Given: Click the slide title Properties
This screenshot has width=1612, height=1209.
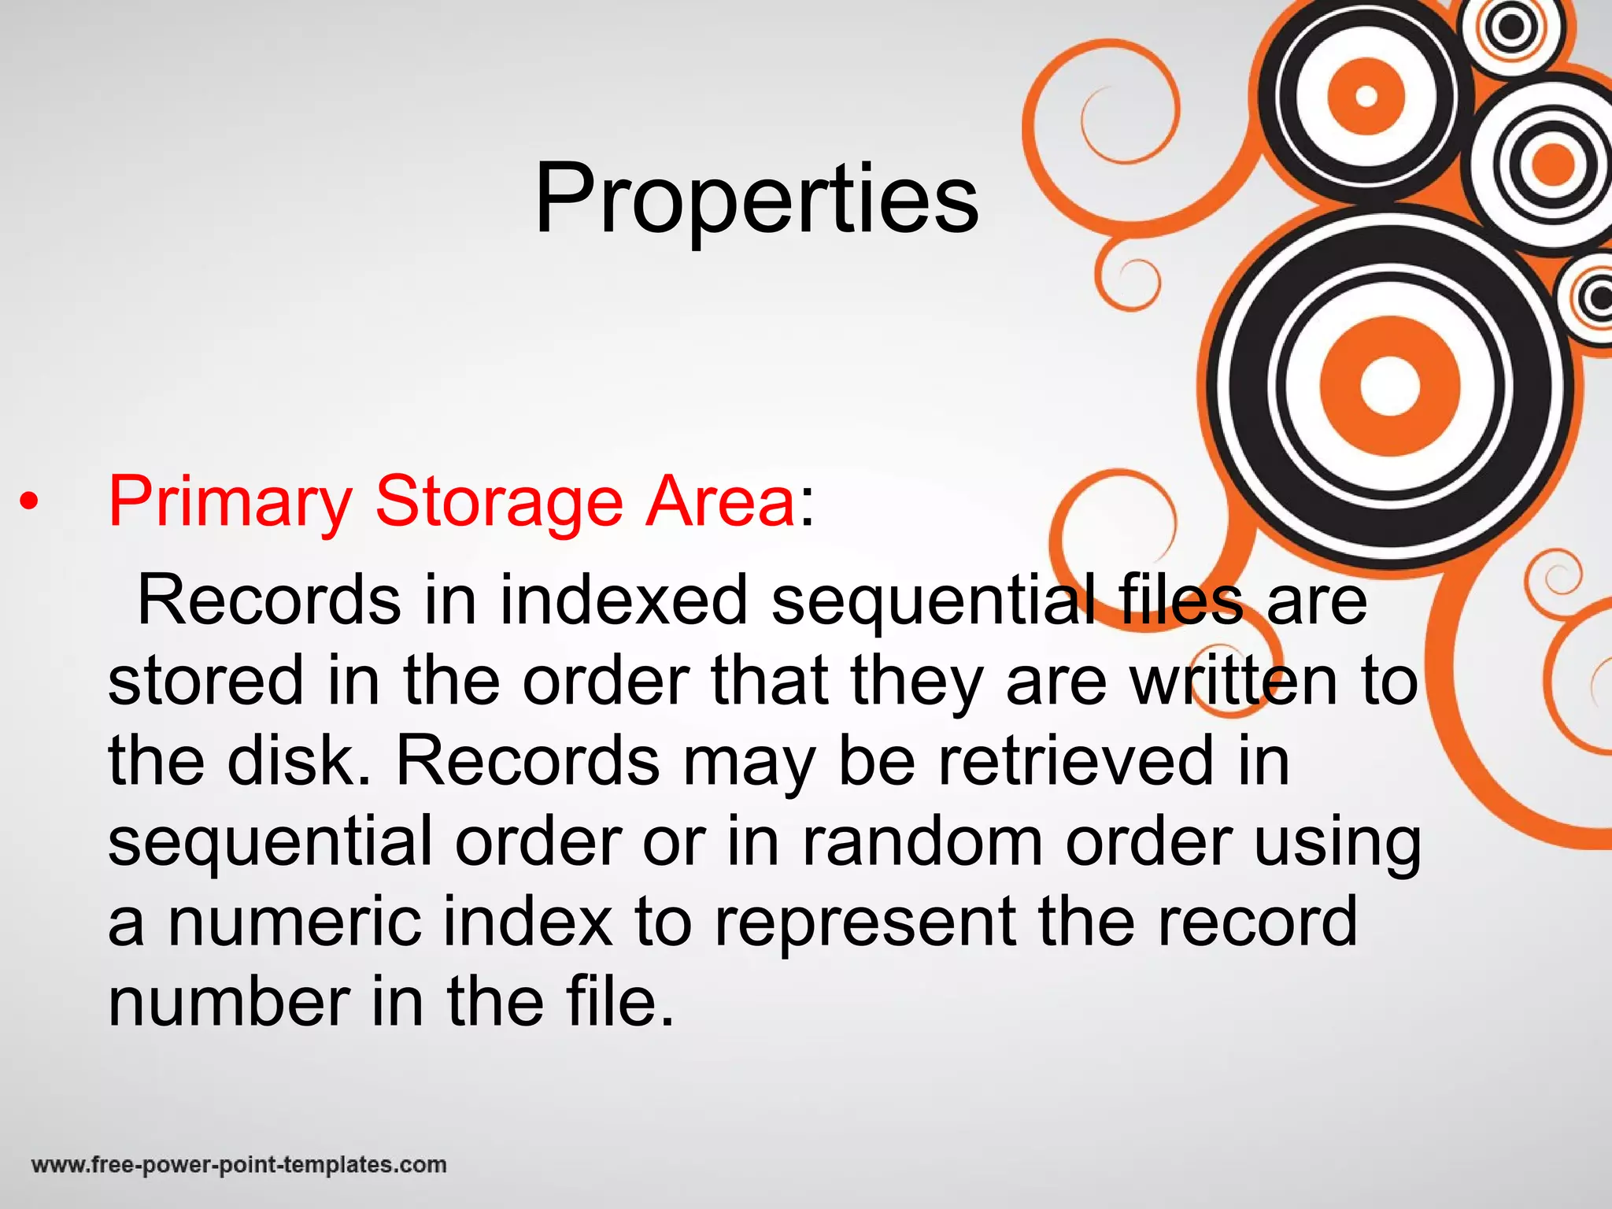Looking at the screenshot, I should click(756, 198).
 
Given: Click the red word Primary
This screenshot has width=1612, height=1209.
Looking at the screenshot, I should click(230, 502).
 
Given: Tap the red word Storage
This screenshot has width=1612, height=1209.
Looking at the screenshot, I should click(499, 502).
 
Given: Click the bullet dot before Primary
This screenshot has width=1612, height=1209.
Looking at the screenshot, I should click(29, 503).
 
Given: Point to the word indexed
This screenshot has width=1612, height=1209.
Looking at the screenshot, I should click(623, 600).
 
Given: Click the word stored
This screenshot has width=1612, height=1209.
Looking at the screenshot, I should click(205, 680).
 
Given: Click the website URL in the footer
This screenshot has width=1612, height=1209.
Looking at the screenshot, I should click(239, 1165).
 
